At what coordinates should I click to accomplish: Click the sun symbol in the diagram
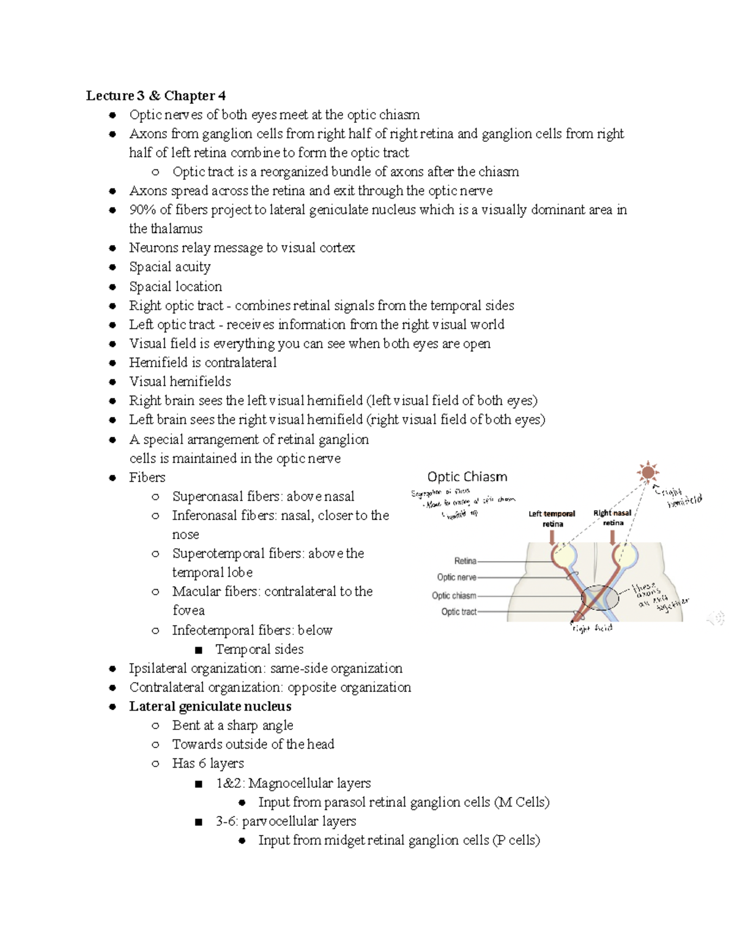click(x=647, y=472)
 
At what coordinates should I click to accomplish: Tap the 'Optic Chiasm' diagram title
click(x=467, y=477)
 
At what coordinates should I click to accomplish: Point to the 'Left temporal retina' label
click(x=552, y=519)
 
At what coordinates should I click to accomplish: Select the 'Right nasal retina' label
click(x=612, y=518)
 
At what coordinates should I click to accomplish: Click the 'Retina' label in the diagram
click(x=465, y=561)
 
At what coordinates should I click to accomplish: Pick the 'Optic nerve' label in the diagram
click(x=456, y=577)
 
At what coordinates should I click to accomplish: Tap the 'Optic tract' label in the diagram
click(x=459, y=612)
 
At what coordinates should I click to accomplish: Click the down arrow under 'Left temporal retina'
click(x=553, y=537)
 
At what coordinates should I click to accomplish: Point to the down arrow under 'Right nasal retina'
click(x=613, y=537)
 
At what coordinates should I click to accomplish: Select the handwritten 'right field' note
click(x=591, y=628)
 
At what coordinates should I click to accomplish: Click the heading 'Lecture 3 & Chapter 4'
click(x=156, y=95)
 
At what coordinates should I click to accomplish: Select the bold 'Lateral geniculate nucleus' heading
click(x=210, y=706)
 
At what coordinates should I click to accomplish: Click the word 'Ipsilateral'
click(x=157, y=668)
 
